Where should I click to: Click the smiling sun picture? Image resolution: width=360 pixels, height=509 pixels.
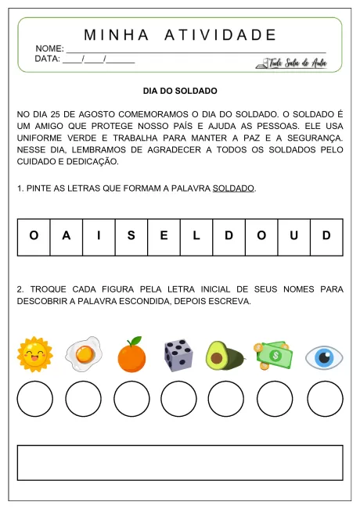pyautogui.click(x=35, y=355)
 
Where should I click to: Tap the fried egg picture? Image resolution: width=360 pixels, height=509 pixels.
pyautogui.click(x=83, y=354)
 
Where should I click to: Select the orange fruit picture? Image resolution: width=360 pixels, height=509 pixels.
pyautogui.click(x=131, y=355)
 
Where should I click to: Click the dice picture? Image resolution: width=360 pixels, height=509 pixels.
pyautogui.click(x=178, y=355)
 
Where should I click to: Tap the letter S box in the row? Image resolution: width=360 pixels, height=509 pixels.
pyautogui.click(x=131, y=235)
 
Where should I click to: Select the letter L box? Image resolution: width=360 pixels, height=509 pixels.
pyautogui.click(x=196, y=235)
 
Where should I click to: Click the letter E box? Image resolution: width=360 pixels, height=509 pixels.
pyautogui.click(x=164, y=235)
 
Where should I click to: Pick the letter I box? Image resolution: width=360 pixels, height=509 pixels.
pyautogui.click(x=99, y=235)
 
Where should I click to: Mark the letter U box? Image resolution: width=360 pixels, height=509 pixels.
pyautogui.click(x=294, y=235)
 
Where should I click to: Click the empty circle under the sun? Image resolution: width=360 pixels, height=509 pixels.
pyautogui.click(x=35, y=399)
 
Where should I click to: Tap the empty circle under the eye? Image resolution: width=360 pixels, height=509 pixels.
pyautogui.click(x=325, y=399)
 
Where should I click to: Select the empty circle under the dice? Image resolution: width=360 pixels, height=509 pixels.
pyautogui.click(x=179, y=399)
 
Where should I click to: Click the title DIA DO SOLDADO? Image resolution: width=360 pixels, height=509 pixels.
pyautogui.click(x=180, y=91)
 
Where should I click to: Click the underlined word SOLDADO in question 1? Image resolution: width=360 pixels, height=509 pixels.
pyautogui.click(x=234, y=188)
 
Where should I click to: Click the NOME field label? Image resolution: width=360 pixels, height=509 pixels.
pyautogui.click(x=49, y=48)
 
